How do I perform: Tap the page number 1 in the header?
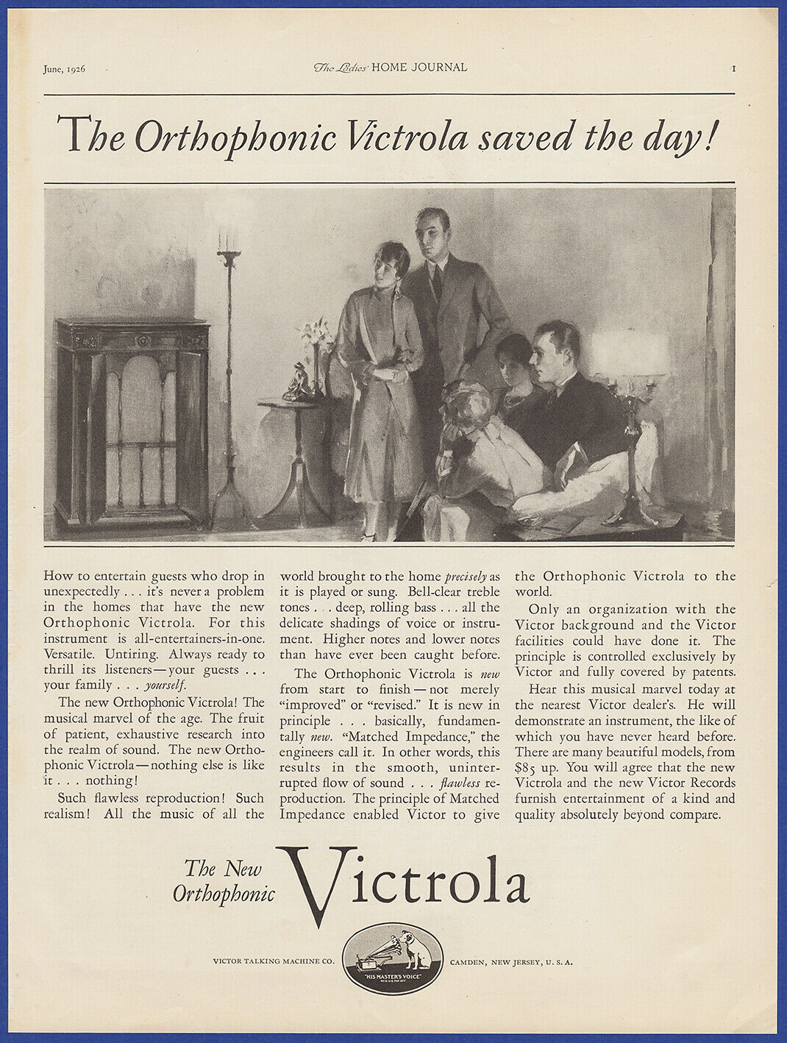[x=734, y=68]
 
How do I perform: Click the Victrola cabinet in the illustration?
[x=132, y=419]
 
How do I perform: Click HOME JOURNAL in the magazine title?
[x=419, y=68]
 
